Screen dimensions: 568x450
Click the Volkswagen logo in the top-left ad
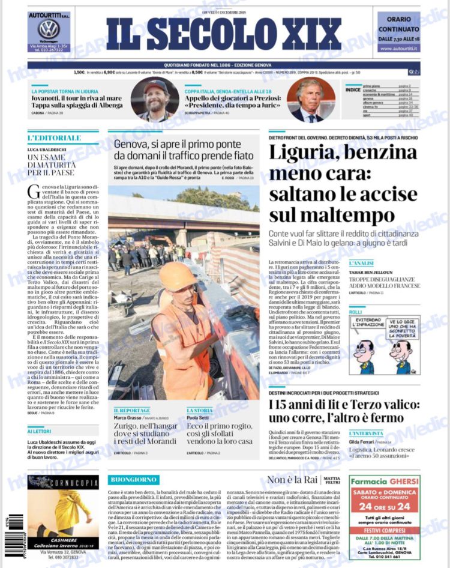click(x=49, y=29)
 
